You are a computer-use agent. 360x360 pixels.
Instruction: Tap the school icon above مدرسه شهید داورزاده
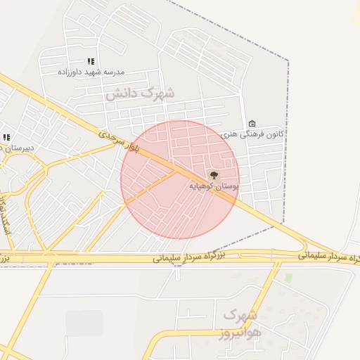click(90, 62)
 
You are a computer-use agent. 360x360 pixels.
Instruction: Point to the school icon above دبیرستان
click(6, 137)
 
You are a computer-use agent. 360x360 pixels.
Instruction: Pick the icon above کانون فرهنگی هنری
click(252, 124)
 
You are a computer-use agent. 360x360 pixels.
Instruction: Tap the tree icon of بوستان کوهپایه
click(214, 175)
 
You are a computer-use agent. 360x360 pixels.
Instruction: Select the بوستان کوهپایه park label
click(214, 186)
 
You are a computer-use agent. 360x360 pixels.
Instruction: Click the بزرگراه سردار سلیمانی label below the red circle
click(190, 258)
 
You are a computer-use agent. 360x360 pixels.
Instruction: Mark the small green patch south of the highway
click(288, 278)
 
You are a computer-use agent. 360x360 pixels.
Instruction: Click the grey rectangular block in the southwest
click(84, 323)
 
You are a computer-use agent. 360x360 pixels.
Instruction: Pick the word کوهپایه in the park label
click(203, 186)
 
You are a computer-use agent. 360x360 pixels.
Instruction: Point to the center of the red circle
click(180, 179)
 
